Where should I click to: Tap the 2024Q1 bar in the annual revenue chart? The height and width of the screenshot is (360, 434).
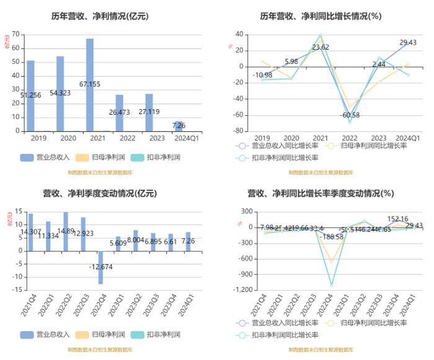tap(179, 126)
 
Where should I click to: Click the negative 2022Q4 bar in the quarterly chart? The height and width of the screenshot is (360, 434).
tap(101, 267)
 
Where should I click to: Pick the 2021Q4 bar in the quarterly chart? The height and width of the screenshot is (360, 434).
tap(30, 232)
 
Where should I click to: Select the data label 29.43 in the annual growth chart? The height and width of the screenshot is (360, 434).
tap(407, 43)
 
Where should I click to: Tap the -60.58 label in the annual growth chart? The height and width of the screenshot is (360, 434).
tap(350, 115)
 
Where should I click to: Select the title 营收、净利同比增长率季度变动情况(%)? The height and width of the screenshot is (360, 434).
tap(320, 193)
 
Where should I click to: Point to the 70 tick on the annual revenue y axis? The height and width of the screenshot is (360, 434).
tap(16, 33)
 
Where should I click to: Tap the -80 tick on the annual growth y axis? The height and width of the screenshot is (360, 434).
tap(237, 131)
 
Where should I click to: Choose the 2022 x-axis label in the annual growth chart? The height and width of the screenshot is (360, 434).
tap(350, 138)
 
